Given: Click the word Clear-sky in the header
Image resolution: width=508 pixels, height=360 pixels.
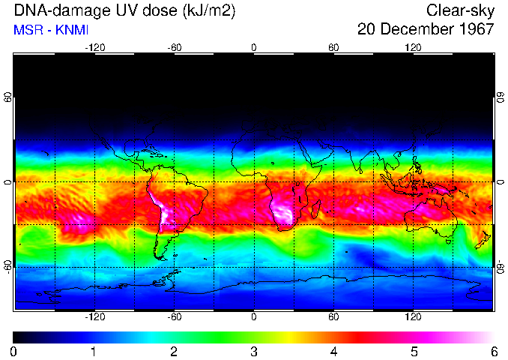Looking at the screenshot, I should tap(460, 10).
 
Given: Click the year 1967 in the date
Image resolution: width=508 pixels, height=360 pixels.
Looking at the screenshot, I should tap(476, 29).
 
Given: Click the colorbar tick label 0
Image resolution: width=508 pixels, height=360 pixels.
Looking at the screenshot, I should tap(13, 351).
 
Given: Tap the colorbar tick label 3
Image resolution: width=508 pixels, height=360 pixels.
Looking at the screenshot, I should tap(254, 351).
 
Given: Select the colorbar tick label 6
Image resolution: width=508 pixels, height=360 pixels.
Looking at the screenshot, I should tap(494, 351).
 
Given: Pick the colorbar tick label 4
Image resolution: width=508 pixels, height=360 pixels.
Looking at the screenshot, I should tap(333, 351).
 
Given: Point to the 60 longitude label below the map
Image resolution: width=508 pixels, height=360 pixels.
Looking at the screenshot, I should tap(333, 317).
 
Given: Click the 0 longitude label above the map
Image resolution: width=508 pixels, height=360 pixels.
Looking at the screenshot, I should tap(254, 47).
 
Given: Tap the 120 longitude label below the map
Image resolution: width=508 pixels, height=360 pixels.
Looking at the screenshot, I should tap(414, 317).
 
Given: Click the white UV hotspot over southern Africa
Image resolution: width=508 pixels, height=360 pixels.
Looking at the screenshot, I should tap(282, 211).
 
